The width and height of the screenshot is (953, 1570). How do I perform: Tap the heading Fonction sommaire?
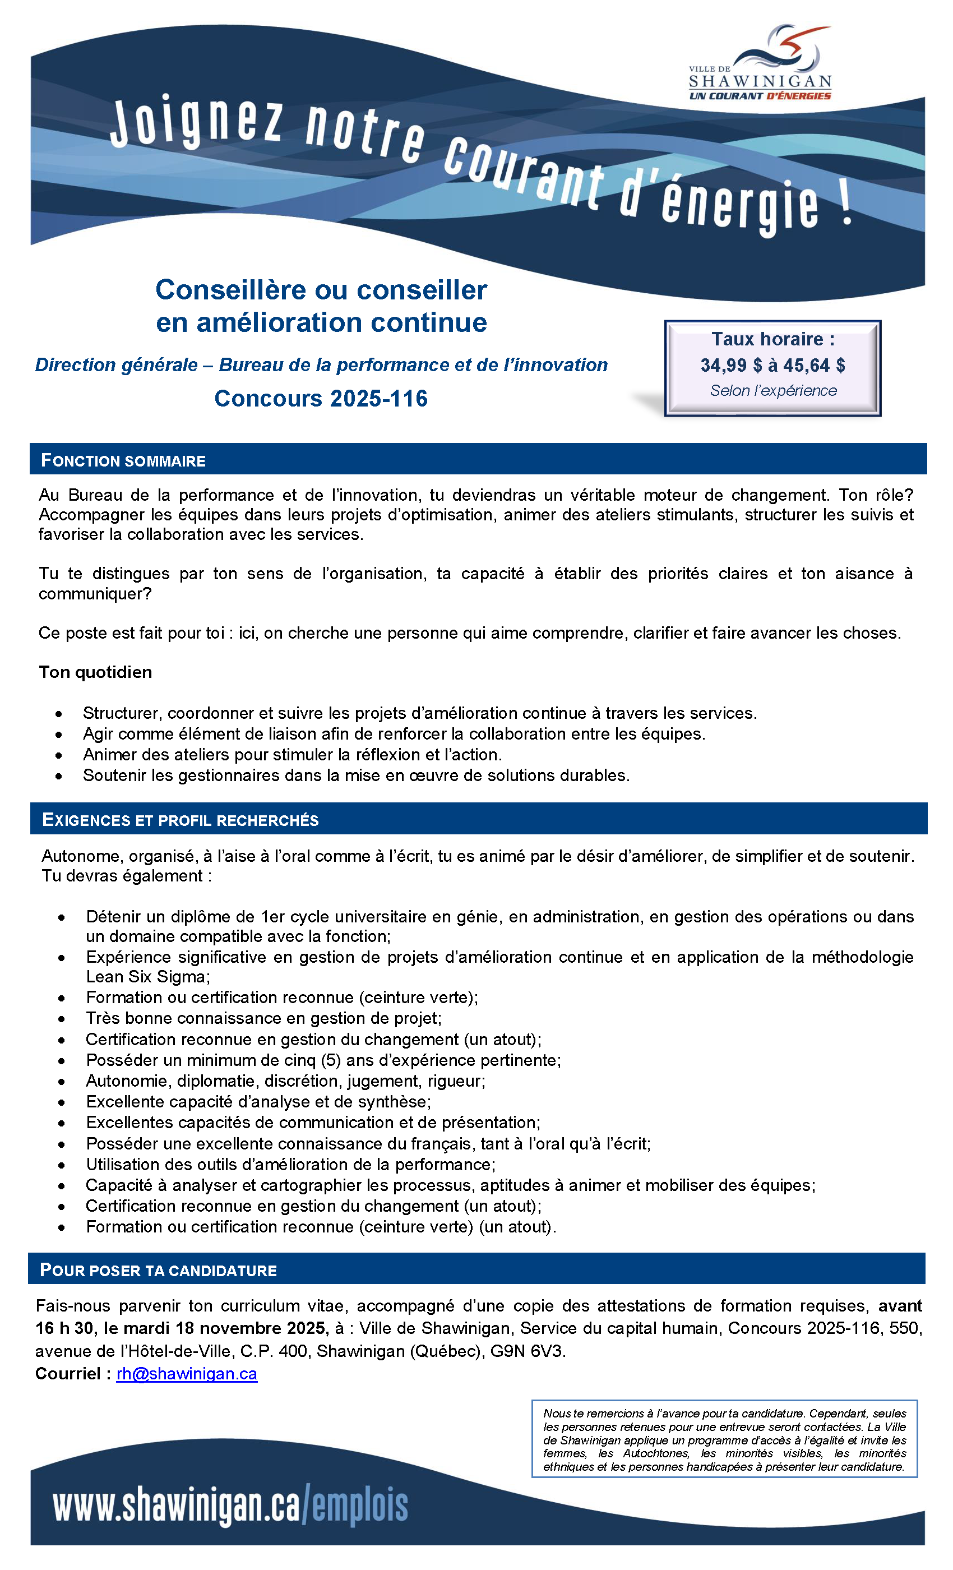point(123,461)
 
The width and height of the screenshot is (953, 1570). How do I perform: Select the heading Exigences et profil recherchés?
point(181,820)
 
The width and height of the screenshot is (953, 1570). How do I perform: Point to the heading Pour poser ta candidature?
point(158,1270)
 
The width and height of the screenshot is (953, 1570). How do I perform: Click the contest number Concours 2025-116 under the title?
point(321,398)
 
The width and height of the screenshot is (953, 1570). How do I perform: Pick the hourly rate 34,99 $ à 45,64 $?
point(772,365)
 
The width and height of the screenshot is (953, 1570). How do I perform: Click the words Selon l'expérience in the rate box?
point(774,391)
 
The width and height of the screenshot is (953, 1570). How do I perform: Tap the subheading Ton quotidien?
point(95,672)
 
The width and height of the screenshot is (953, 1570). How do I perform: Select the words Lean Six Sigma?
point(146,977)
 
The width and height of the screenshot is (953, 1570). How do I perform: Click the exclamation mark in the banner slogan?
point(845,205)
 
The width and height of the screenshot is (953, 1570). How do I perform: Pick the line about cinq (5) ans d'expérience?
point(323,1060)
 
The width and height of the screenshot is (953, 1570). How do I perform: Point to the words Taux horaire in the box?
point(772,339)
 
